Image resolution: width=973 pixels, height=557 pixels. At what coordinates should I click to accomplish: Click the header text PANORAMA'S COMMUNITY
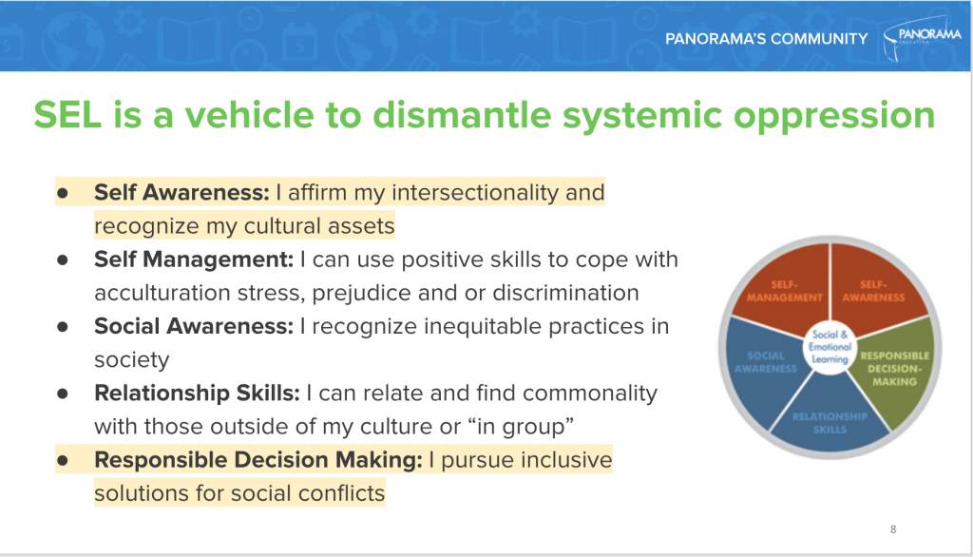coord(767,39)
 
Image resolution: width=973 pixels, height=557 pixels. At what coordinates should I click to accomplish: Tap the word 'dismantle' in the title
coord(462,115)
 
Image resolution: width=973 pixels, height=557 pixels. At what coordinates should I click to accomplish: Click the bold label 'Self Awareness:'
coord(181,193)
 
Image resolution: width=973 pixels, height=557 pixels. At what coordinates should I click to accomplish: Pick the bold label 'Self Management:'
coord(194,260)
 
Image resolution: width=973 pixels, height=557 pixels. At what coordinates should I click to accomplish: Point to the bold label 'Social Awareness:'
coord(194,326)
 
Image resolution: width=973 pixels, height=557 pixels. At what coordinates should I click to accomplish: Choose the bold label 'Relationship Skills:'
coord(197,394)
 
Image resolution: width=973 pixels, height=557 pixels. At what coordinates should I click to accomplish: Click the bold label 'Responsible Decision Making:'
coord(258,461)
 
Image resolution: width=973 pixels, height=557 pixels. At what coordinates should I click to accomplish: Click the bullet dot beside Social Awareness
coord(62,327)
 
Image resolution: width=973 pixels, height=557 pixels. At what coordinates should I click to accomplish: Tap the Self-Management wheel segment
coord(783,289)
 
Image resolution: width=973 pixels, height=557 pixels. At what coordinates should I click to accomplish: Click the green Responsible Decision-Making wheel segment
coord(893,370)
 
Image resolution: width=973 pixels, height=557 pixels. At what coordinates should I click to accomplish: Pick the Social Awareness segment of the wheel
coord(765,366)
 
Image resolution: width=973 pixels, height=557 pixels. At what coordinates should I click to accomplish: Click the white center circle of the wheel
coord(830,347)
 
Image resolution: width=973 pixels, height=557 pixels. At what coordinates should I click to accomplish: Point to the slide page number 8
coord(893,529)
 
